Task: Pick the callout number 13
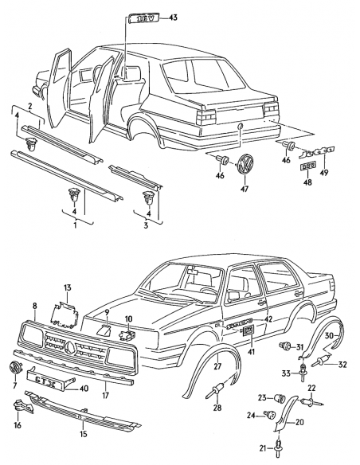click(x=68, y=287)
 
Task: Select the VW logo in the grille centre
click(x=71, y=347)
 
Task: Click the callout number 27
click(x=216, y=366)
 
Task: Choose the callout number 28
click(x=217, y=408)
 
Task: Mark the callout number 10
click(x=130, y=319)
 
